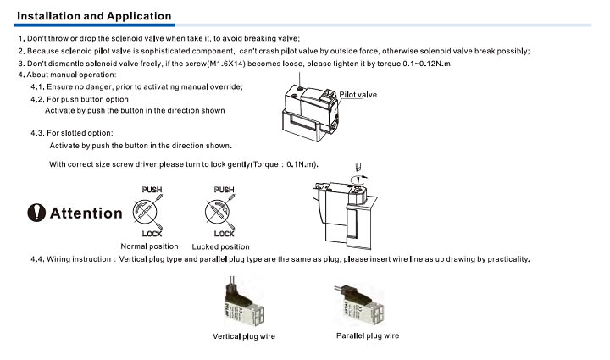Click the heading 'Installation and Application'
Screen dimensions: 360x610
[x=94, y=16]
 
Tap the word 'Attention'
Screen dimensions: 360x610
[x=86, y=213]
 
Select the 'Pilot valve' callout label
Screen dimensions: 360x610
[x=358, y=95]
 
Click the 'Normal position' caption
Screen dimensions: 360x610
[x=150, y=246]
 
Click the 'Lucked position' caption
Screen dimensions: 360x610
[x=221, y=246]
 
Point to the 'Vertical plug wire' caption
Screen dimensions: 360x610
[x=244, y=336]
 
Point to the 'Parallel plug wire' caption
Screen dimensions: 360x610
[x=368, y=335]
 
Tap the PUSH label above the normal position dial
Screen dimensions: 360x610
[x=152, y=189]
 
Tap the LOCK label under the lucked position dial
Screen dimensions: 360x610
[x=224, y=234]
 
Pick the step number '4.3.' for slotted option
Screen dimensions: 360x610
[x=37, y=132]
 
